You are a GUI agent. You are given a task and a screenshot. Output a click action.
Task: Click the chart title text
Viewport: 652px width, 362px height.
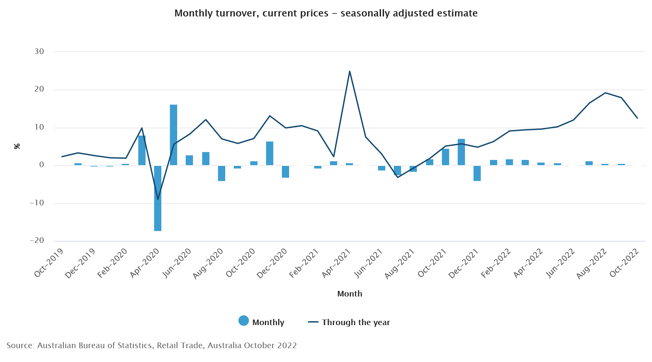[x=326, y=13]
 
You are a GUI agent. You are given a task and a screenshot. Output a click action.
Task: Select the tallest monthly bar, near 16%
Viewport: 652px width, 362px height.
[x=174, y=135]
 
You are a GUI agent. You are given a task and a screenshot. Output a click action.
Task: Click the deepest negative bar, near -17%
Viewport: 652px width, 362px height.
[x=158, y=198]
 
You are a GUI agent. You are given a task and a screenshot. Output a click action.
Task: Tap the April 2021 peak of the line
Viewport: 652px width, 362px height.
[x=349, y=71]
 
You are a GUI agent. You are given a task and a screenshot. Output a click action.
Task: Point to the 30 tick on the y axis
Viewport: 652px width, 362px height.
[x=39, y=51]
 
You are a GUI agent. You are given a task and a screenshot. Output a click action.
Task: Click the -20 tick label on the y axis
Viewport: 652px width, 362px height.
[x=37, y=241]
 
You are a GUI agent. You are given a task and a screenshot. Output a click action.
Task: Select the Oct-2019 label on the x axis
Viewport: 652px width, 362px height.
[x=49, y=263]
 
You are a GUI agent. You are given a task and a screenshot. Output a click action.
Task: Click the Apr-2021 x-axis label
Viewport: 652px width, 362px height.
[x=336, y=263]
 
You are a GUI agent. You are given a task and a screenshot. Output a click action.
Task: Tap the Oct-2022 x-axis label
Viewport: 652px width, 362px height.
[x=624, y=263]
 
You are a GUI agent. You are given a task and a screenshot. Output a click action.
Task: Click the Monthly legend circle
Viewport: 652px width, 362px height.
[x=244, y=321]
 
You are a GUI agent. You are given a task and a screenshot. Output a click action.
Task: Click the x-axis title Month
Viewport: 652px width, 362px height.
[x=349, y=294]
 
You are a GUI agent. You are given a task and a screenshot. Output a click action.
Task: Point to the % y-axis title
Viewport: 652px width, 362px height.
[x=17, y=146]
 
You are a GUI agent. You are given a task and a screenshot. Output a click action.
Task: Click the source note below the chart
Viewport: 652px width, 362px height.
[x=151, y=346]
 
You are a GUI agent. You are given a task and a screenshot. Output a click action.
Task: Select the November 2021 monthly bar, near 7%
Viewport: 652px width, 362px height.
[x=461, y=152]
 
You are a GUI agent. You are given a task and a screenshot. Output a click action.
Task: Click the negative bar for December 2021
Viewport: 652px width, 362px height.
[x=477, y=173]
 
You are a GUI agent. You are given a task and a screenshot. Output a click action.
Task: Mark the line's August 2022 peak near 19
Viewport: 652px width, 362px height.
[x=605, y=93]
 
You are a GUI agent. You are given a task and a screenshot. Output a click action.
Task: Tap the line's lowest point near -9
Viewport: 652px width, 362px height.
[x=158, y=199]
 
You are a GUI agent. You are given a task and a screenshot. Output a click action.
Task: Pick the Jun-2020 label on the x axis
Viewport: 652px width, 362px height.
[x=177, y=263]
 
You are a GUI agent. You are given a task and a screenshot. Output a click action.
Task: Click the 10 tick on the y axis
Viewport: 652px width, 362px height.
[x=39, y=127]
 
